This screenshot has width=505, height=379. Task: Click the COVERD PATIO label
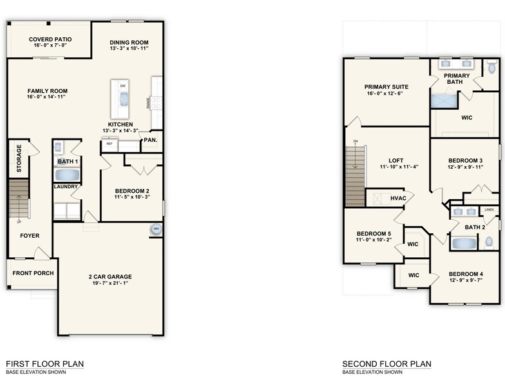50,39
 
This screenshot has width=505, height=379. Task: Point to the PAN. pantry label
151,139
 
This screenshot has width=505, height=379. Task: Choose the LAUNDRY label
66,187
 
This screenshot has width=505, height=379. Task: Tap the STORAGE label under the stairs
19,159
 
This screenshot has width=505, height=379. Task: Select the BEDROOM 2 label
132,191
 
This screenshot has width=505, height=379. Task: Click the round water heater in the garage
156,229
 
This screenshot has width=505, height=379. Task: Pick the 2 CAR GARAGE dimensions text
110,284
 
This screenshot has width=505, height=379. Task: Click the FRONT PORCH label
33,273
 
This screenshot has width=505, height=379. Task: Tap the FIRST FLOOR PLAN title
44,364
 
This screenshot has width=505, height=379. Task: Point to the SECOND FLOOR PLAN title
386,364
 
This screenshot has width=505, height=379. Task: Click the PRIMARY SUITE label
386,86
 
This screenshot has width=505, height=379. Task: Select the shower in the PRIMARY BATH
442,101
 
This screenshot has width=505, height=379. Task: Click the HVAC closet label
398,198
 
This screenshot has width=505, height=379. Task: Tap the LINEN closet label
490,209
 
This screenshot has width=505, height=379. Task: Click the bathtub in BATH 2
462,243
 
